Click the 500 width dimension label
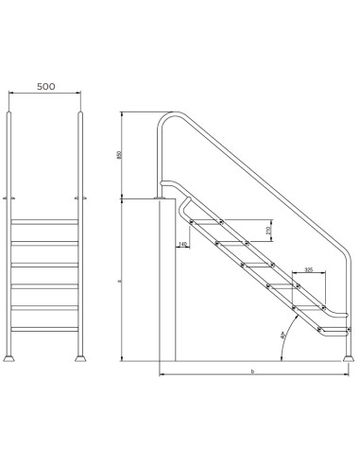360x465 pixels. pyautogui.click(x=45, y=85)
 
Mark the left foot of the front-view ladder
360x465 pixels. pyautogui.click(x=11, y=358)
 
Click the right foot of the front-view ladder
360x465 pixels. pyautogui.click(x=80, y=358)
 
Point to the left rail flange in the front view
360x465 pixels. pyautogui.click(x=11, y=198)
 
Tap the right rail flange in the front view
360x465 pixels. pyautogui.click(x=80, y=198)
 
